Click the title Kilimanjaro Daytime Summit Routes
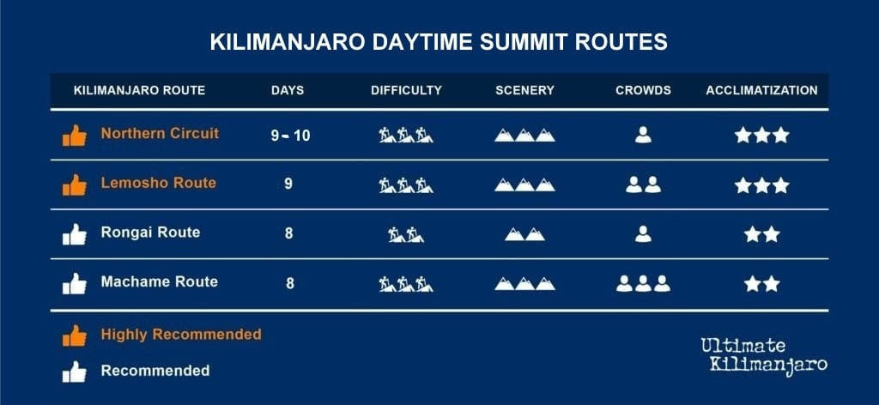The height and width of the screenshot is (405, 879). pos(439,43)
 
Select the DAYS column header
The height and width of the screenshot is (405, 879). pos(288,90)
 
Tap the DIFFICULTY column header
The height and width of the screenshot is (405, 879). pos(406,90)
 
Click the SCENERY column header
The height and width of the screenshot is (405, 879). pos(524,90)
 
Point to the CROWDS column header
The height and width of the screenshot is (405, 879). pos(643,90)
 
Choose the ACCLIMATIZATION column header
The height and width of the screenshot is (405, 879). pos(762,90)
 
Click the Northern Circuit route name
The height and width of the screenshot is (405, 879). pos(160,133)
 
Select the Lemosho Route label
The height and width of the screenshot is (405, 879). pos(158,183)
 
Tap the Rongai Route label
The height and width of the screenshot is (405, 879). pos(150,232)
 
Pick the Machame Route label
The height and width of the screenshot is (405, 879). pos(159,281)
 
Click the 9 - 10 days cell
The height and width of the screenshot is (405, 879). pos(290,136)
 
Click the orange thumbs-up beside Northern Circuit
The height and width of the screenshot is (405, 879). pos(75,136)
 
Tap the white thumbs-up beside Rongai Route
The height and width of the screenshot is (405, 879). pos(75,235)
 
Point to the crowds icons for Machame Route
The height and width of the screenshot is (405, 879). pos(643,283)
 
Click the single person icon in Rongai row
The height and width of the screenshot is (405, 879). pos(643,233)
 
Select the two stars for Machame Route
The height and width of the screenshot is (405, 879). pos(762,284)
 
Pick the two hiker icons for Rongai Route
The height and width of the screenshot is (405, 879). pos(406,234)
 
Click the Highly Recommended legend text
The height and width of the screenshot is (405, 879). pos(181,335)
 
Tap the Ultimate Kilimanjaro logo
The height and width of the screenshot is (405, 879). pos(763,354)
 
